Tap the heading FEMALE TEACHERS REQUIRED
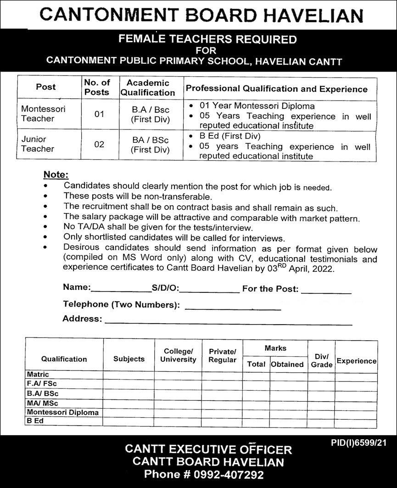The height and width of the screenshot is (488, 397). pyautogui.click(x=207, y=39)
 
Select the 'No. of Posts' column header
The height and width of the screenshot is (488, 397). pyautogui.click(x=97, y=87)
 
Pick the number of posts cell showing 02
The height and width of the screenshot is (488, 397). pyautogui.click(x=100, y=144)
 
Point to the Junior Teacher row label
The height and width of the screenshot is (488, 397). pyautogui.click(x=38, y=144)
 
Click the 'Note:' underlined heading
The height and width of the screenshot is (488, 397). pyautogui.click(x=56, y=174)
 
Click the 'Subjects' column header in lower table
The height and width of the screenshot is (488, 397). pyautogui.click(x=129, y=359)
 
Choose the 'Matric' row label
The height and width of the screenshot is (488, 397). pyautogui.click(x=38, y=375)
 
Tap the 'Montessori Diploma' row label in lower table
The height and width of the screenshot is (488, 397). pyautogui.click(x=63, y=412)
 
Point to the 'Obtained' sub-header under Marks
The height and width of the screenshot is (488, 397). pyautogui.click(x=287, y=364)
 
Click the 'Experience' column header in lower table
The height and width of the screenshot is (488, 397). pyautogui.click(x=356, y=361)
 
